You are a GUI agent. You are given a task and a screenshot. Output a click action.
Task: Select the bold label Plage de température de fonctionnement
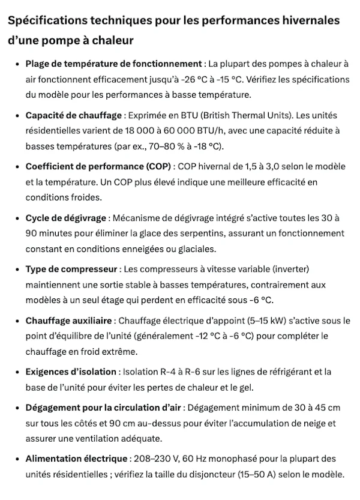[113, 64]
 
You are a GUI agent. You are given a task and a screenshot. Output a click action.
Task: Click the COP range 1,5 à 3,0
[257, 166]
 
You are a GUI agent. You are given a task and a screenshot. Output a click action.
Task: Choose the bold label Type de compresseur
[71, 268]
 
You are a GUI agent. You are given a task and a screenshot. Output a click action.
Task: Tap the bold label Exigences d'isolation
[71, 372]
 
